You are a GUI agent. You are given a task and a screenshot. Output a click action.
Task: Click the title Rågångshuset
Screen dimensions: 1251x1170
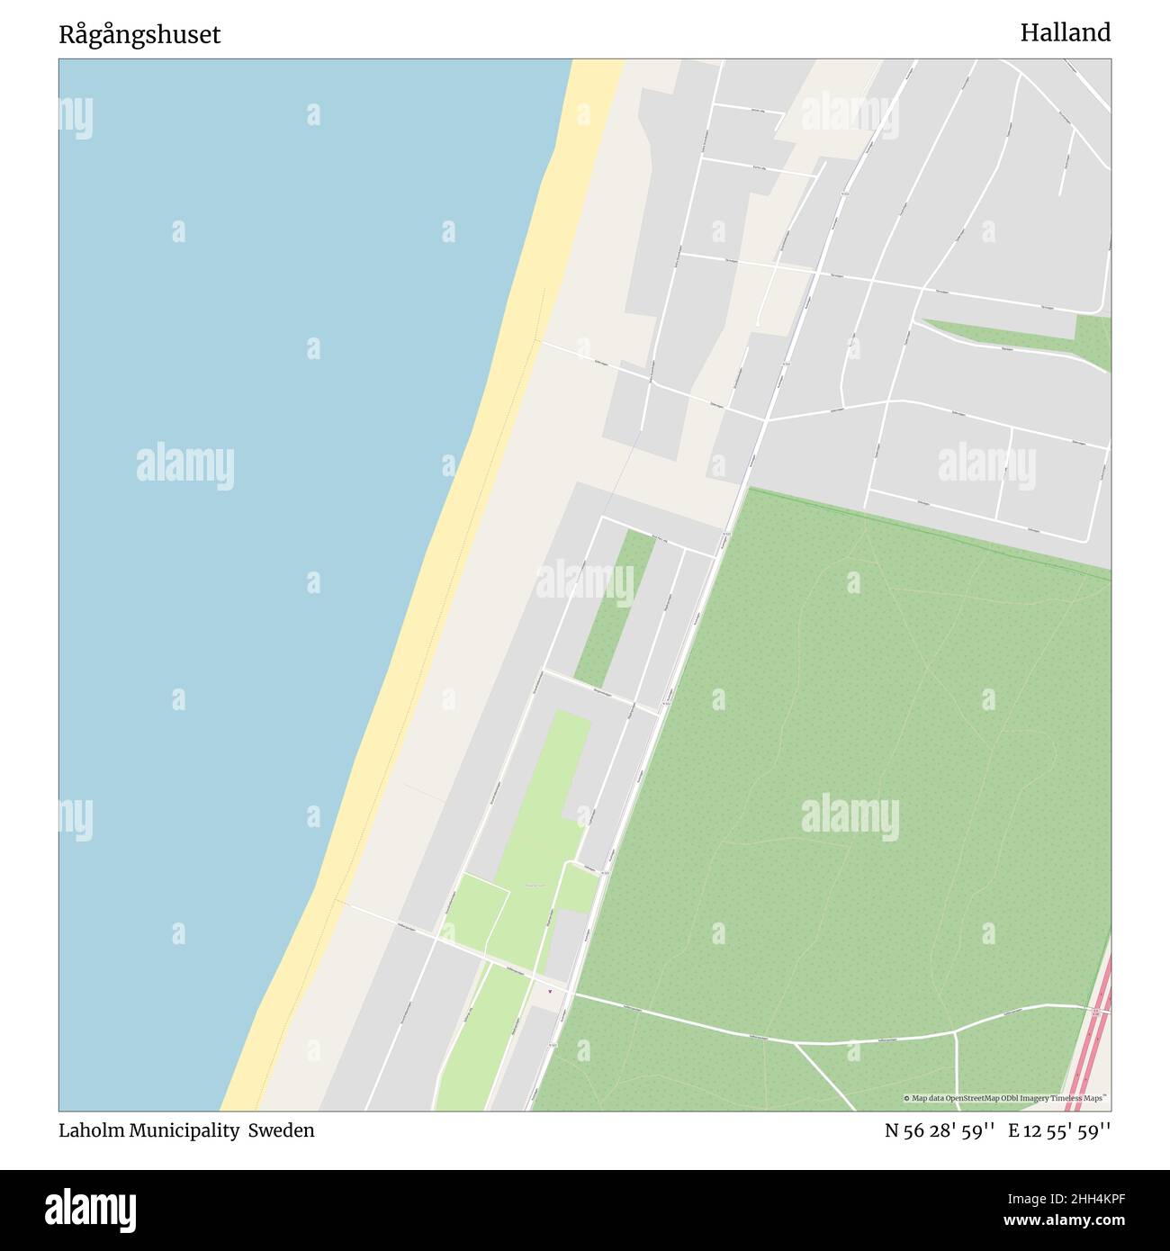(x=139, y=35)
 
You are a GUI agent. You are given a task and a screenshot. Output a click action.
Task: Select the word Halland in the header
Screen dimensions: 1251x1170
(x=1065, y=32)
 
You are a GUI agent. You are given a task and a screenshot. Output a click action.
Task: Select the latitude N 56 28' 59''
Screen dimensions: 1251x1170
(x=939, y=1130)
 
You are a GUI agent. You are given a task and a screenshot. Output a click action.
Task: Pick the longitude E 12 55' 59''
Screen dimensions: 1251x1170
(x=1059, y=1130)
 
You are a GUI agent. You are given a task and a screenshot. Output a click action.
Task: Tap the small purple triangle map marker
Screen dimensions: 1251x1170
(x=550, y=993)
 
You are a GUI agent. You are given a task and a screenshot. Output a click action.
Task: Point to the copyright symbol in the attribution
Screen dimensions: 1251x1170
(x=906, y=1098)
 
